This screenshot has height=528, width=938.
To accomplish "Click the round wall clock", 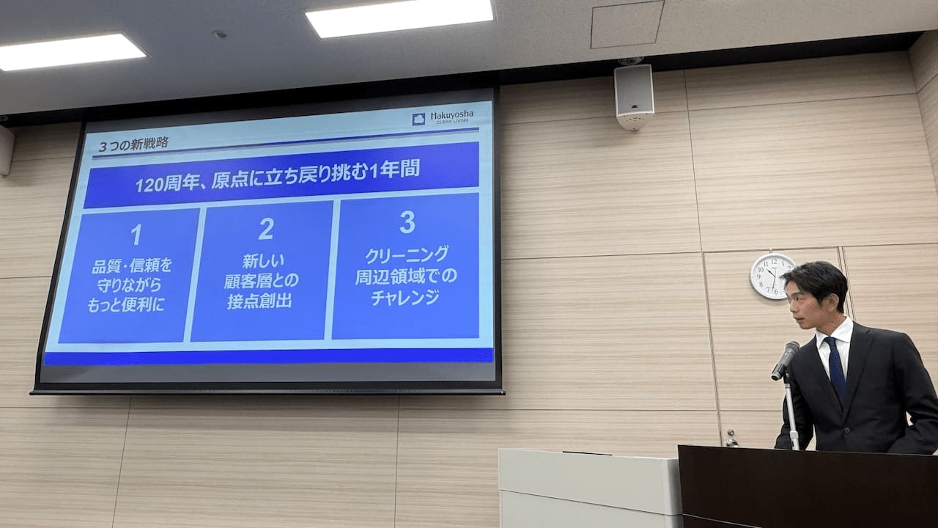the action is [772, 276].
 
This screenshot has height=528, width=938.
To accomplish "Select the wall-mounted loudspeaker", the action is [634, 95].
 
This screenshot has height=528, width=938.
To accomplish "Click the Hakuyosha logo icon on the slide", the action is [418, 119].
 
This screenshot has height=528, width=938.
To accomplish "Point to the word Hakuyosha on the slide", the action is [452, 114].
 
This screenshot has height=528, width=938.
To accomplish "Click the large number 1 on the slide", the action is [136, 235].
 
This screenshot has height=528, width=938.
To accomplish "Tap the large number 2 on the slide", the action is [266, 229].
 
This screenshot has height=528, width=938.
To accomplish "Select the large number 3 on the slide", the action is [407, 222].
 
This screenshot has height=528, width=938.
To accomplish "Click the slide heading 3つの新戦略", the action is [133, 144].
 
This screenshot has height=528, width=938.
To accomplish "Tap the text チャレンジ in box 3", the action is [405, 298].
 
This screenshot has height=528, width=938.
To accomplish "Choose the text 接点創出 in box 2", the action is [259, 301].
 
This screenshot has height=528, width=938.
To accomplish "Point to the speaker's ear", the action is [831, 301].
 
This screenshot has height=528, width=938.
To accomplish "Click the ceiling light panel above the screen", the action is [399, 17].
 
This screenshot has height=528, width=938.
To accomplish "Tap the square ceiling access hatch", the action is [627, 24].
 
